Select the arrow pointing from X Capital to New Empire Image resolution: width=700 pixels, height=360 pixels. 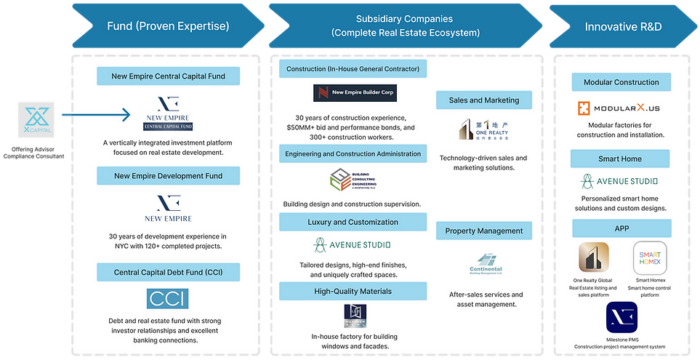94,114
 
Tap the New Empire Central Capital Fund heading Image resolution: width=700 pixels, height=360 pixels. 168,75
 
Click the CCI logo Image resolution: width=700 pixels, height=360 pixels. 168,298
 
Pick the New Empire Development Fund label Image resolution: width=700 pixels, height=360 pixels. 168,175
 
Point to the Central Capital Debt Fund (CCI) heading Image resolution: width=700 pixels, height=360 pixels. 168,272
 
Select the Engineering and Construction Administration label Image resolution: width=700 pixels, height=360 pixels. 353,153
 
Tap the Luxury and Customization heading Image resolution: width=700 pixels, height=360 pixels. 353,222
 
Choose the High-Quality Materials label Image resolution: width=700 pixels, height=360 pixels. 353,291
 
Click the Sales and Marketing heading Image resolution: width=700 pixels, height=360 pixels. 483,100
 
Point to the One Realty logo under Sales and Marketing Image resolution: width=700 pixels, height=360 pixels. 483,129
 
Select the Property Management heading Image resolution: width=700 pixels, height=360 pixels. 483,231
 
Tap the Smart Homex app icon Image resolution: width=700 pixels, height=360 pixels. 649,258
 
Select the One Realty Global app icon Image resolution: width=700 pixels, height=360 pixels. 592,258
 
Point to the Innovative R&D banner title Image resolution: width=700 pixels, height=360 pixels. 621,27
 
